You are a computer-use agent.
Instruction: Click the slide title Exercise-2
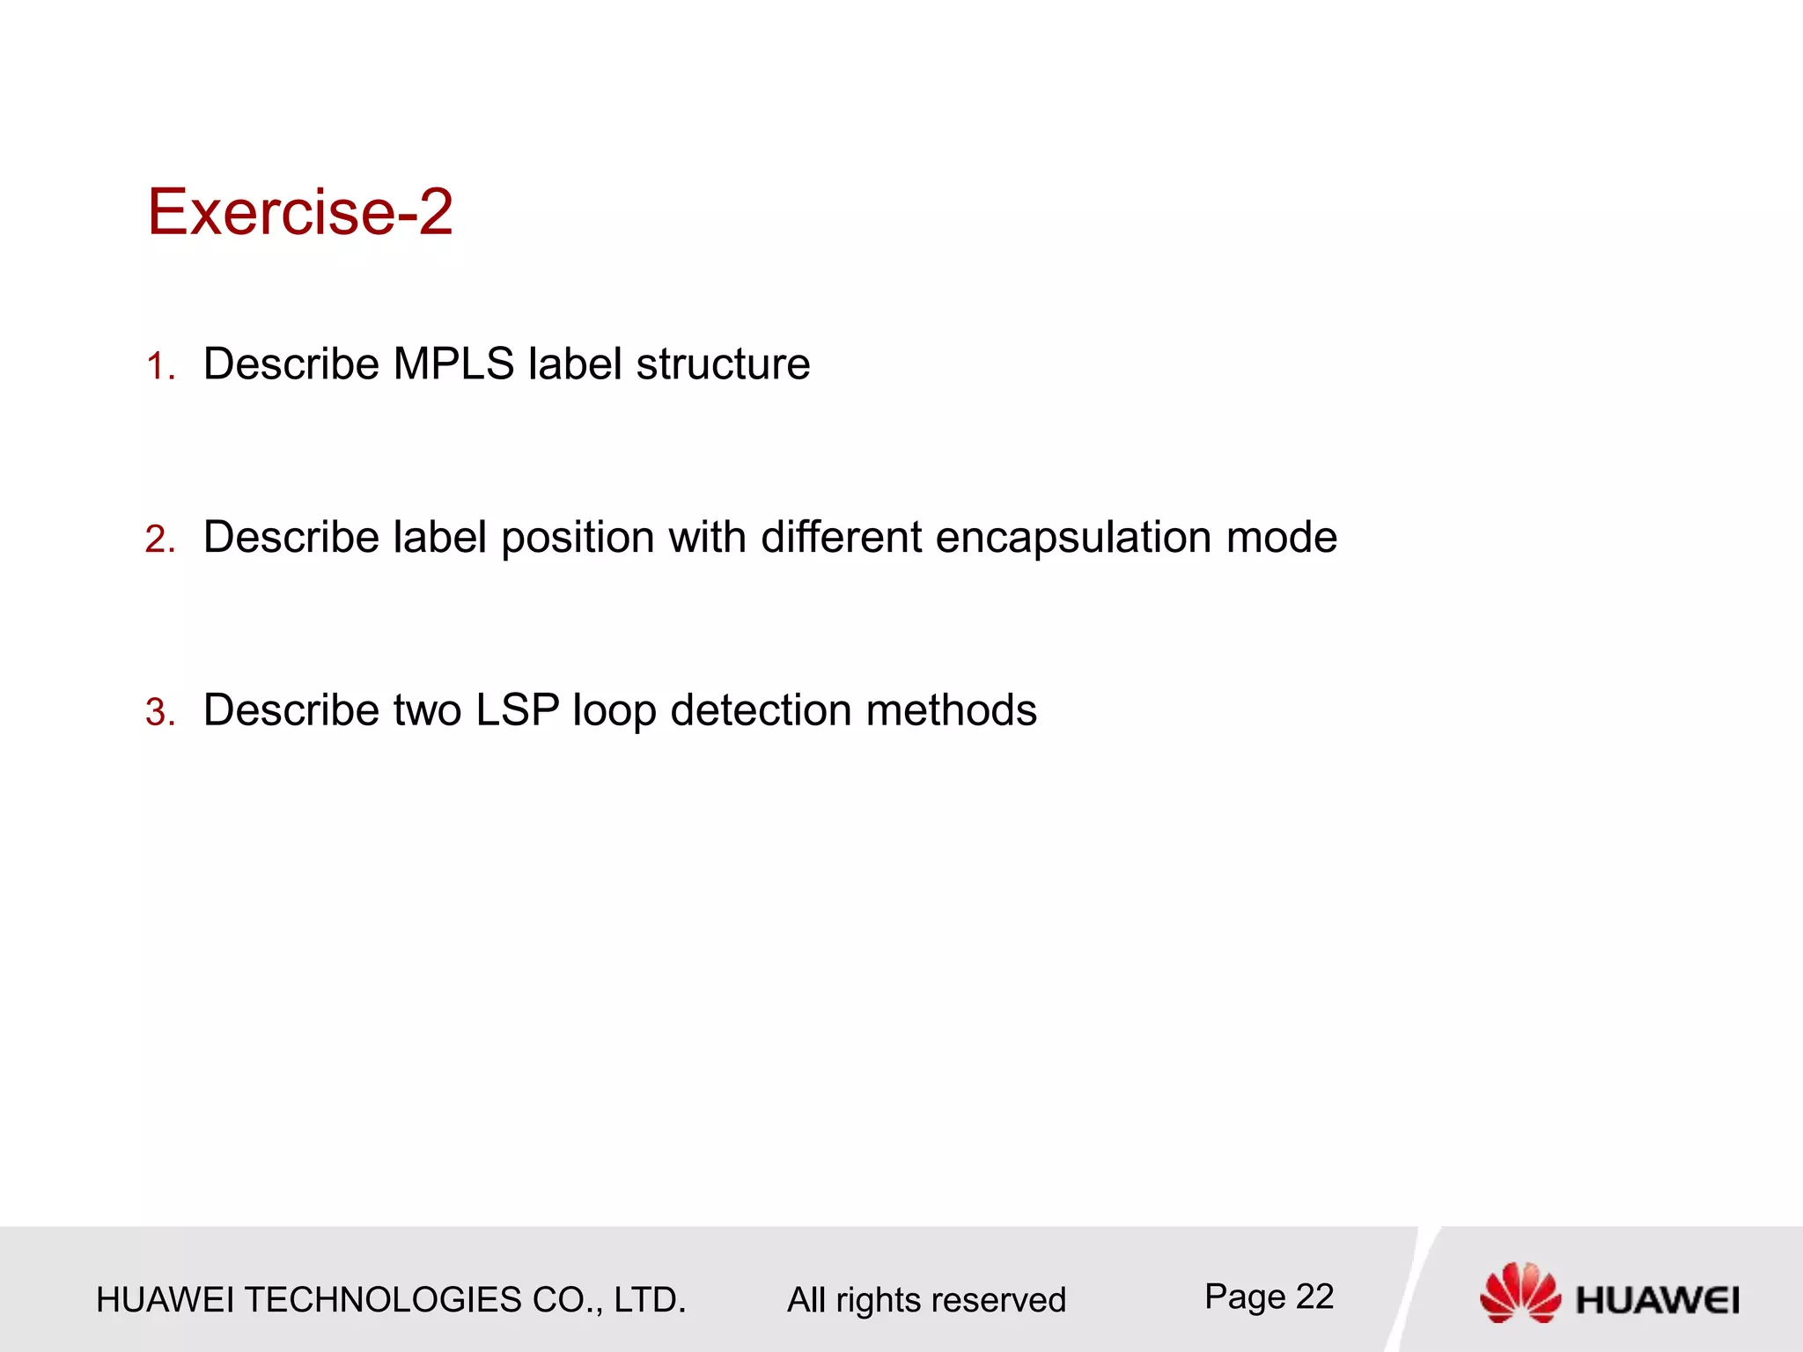(299, 212)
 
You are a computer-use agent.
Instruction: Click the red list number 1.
(159, 366)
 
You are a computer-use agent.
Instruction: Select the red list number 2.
(159, 539)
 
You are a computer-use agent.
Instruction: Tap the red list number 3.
(159, 712)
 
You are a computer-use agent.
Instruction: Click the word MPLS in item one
(453, 364)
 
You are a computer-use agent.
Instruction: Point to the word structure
(723, 364)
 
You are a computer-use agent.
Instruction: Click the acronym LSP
(518, 710)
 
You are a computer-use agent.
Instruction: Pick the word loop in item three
(614, 711)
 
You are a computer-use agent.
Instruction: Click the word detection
(761, 710)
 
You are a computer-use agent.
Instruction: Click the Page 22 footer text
(1269, 1297)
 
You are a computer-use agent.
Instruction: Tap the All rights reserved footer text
(926, 1300)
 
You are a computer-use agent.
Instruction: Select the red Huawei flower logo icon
(1520, 1292)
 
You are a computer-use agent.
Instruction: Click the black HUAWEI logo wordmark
(1657, 1300)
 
